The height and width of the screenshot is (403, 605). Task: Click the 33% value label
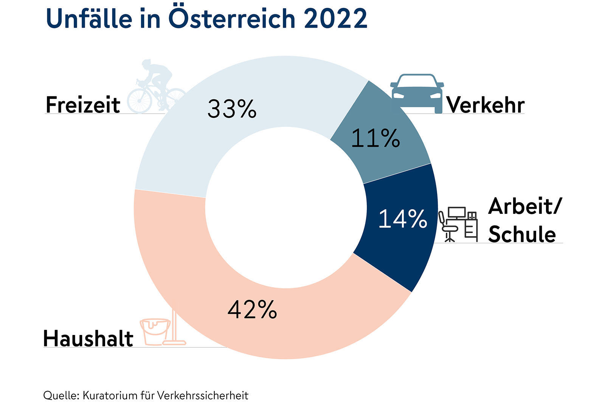tap(232, 109)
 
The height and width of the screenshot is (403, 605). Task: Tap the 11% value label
tap(375, 138)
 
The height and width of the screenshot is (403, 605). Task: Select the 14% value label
tap(403, 219)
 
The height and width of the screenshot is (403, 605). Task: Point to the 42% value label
tap(252, 310)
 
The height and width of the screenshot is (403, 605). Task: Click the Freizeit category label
tap(83, 105)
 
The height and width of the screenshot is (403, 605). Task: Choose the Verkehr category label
tap(486, 105)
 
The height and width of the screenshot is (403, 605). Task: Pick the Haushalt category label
tap(88, 338)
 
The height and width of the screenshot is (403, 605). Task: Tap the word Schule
tap(522, 234)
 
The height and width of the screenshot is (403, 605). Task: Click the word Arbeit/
tap(525, 206)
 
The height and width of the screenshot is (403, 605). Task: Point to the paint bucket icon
tap(155, 331)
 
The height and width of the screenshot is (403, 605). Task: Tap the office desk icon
tap(458, 224)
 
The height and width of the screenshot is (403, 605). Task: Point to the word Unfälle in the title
tap(89, 19)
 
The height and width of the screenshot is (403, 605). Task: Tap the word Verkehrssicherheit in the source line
tap(202, 395)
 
